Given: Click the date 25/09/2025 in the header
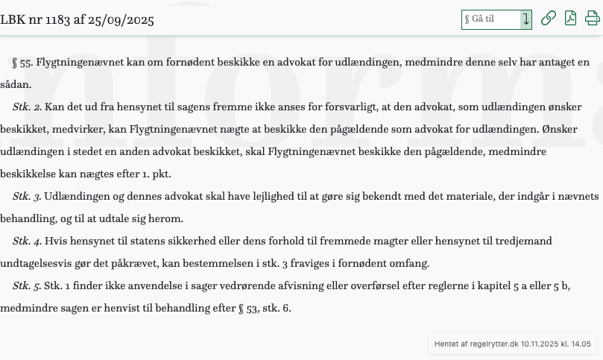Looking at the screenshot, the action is click(121, 19).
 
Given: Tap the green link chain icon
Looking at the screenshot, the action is click(548, 19).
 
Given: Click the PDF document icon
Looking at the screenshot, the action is click(570, 19).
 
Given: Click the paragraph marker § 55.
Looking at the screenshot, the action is click(22, 63).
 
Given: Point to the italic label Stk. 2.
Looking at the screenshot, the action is click(27, 107).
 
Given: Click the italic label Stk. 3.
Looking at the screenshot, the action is click(27, 197).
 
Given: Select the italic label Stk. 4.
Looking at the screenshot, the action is click(27, 241).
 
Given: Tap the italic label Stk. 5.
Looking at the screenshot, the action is click(27, 286).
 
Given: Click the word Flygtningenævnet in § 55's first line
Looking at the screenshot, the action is click(80, 63).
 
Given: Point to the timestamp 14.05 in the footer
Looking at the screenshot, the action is click(581, 344).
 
